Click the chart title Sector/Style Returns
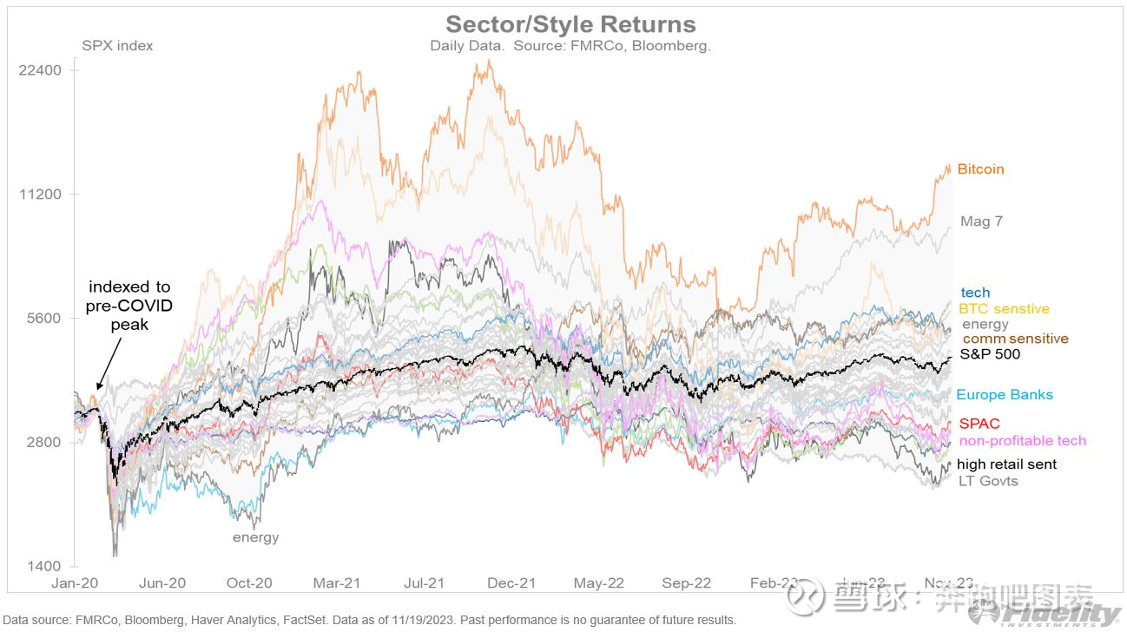click(570, 23)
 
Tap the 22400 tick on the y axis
click(40, 69)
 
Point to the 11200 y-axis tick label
click(40, 194)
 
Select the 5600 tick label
click(43, 318)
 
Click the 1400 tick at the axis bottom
click(43, 566)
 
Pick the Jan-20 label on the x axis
click(75, 583)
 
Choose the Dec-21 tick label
click(512, 583)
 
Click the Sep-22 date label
click(688, 583)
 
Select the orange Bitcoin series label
click(980, 169)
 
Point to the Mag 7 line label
click(981, 221)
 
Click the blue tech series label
click(975, 293)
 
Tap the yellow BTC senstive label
click(1004, 309)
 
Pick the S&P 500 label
click(991, 354)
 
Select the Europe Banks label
click(1005, 395)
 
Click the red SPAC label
click(979, 424)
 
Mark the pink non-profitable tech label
click(1022, 441)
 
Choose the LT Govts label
click(988, 481)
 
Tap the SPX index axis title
click(117, 45)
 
